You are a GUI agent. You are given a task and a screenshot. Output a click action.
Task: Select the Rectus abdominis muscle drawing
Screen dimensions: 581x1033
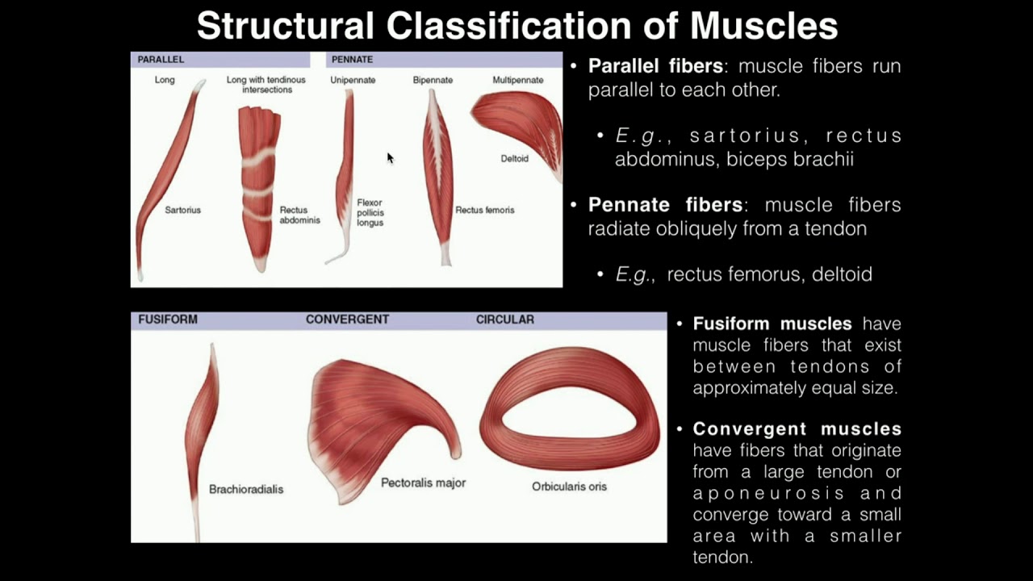258,186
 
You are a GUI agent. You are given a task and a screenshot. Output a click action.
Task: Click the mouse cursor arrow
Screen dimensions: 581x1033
390,157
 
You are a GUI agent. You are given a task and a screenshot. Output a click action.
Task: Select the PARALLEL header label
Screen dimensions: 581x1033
161,60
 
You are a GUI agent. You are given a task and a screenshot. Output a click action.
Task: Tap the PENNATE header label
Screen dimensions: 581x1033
352,60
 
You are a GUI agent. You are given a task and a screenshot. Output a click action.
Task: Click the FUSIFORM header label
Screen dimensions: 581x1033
168,320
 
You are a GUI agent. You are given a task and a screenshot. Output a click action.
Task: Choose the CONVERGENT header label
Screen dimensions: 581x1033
347,320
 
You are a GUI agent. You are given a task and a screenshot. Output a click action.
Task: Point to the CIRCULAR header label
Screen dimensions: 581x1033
505,320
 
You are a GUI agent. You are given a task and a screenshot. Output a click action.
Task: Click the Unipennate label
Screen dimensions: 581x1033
353,80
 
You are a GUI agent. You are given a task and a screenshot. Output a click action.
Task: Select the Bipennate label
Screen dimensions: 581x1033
433,80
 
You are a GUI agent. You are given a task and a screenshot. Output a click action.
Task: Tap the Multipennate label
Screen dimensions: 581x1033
518,80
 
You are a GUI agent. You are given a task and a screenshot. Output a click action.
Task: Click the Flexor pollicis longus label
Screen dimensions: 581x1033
370,212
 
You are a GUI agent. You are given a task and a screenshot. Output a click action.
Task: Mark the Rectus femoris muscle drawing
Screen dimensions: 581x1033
438,178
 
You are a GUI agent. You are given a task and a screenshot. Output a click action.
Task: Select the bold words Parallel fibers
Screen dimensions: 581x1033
655,66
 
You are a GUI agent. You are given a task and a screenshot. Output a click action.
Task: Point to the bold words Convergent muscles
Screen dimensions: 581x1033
797,428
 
